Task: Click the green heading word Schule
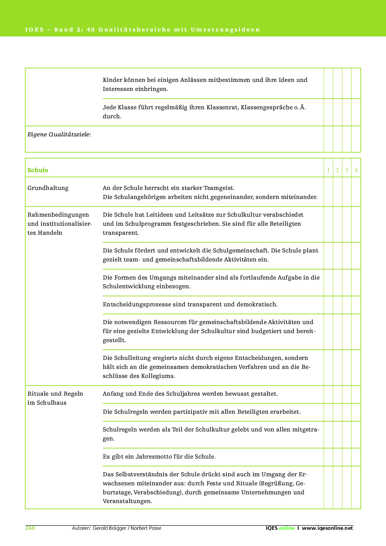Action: tap(38, 170)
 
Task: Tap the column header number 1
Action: tap(328, 170)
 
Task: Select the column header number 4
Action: tap(356, 170)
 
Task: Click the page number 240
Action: tap(30, 528)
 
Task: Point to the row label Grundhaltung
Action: tap(48, 188)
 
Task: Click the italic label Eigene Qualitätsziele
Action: tap(59, 134)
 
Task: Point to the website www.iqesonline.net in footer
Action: tap(327, 528)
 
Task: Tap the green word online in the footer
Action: tap(287, 528)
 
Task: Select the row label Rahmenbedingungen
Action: tap(58, 215)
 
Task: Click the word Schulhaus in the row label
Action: tap(51, 403)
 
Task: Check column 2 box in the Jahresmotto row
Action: tap(337, 457)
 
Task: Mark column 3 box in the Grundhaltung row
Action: tap(347, 192)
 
